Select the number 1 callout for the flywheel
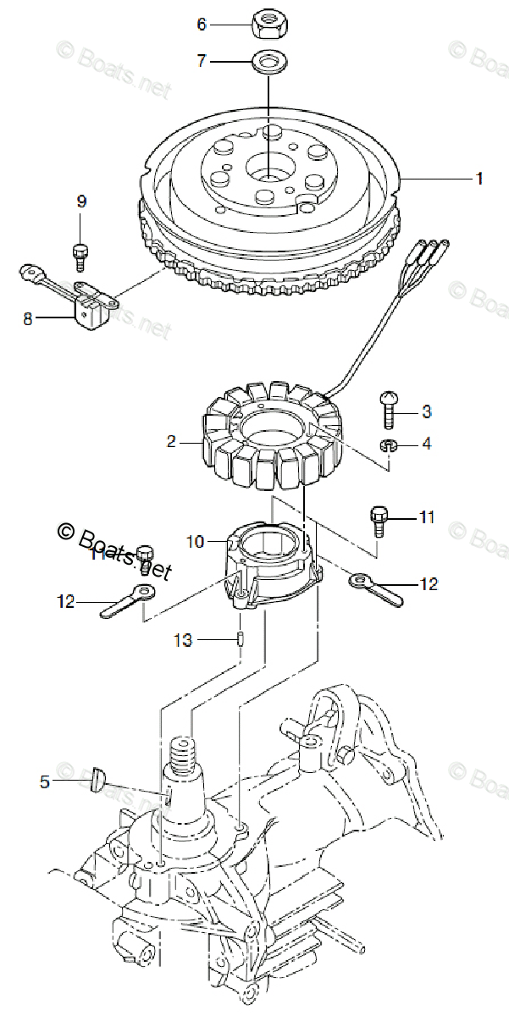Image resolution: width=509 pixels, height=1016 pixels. point(479,179)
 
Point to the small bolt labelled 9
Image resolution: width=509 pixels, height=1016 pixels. point(80,251)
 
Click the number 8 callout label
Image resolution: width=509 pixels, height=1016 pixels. point(28,319)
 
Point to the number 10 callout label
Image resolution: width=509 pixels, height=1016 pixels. point(196,541)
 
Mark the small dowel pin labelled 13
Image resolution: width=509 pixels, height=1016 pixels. point(240,640)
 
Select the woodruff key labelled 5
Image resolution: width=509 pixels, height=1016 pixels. point(97,780)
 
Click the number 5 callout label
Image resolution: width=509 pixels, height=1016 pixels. point(45,782)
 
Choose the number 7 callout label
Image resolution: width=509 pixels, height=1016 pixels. point(201,61)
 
